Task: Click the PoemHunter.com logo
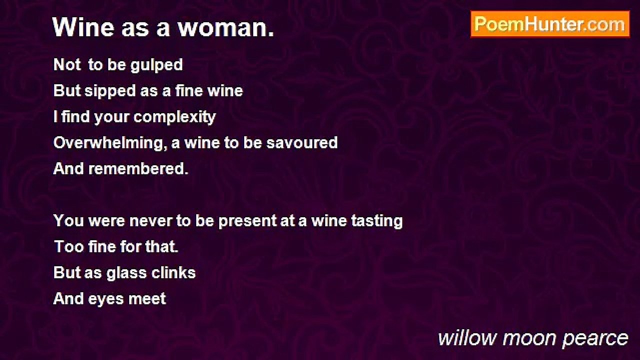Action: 550,24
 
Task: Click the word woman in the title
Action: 226,27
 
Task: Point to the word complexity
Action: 174,117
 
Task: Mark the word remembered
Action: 138,169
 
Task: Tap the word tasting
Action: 378,221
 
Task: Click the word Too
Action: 65,247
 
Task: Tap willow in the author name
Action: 467,338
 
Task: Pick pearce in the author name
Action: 595,338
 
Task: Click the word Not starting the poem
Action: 67,65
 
